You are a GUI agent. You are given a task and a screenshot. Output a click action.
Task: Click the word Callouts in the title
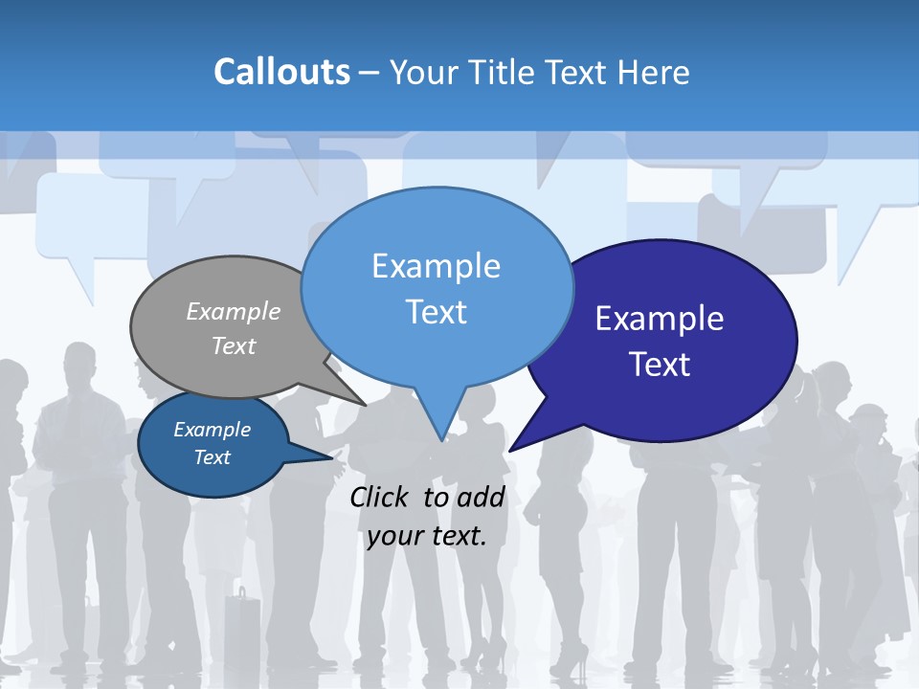tap(281, 72)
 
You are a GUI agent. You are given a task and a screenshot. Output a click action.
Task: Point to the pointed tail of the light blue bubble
tap(441, 426)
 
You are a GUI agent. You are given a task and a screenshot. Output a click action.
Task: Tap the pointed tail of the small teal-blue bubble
tap(321, 456)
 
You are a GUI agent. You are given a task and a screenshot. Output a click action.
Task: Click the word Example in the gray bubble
tap(234, 311)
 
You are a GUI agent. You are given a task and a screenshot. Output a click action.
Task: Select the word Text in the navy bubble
tap(660, 365)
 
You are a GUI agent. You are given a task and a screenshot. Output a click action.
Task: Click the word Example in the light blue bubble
tap(436, 265)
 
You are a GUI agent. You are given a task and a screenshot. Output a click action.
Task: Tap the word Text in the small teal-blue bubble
tap(212, 457)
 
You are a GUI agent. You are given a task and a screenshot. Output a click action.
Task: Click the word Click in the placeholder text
tap(380, 497)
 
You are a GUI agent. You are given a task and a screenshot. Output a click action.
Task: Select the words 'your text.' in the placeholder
tap(427, 536)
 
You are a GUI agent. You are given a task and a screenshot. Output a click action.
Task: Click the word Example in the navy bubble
tap(660, 318)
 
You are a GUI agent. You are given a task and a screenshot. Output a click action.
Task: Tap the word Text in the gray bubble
tap(234, 345)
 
